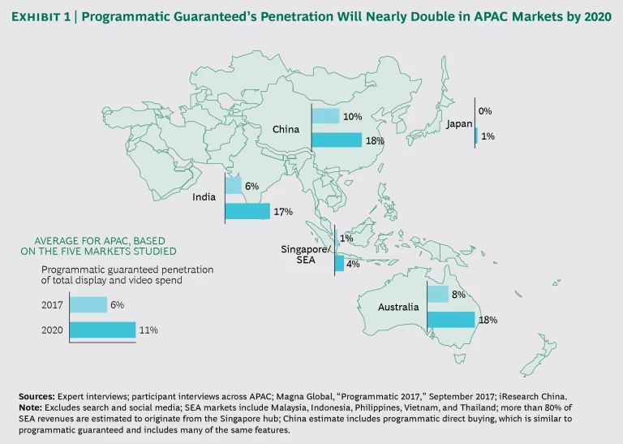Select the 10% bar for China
[325, 117]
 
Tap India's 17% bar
[247, 211]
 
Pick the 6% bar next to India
[233, 187]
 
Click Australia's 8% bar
[437, 295]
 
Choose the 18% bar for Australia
[450, 319]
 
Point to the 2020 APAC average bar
[102, 330]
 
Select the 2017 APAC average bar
[88, 305]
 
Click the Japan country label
[459, 124]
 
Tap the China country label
[286, 129]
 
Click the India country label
[204, 197]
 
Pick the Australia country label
[397, 308]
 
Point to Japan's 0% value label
[485, 111]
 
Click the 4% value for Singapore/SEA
[354, 264]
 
